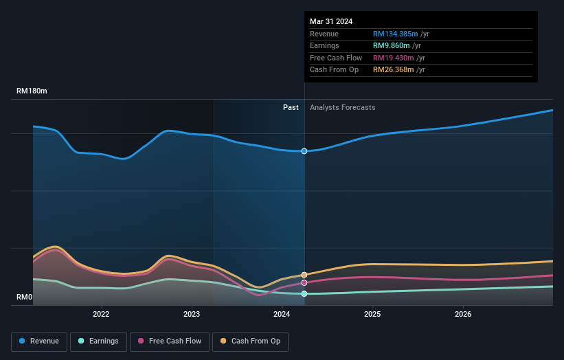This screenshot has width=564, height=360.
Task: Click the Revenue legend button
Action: click(x=39, y=341)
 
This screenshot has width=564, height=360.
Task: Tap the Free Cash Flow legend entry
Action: click(x=169, y=341)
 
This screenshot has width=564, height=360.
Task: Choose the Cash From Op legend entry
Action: click(x=251, y=341)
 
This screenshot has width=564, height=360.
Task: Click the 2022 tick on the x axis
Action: click(x=101, y=315)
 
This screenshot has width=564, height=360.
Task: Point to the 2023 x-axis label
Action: click(x=192, y=315)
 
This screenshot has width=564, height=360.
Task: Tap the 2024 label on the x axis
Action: click(x=282, y=315)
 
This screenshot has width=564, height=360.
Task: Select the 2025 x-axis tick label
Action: click(x=372, y=315)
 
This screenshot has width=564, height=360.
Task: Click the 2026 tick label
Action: click(x=463, y=315)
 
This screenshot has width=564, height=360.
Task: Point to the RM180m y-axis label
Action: click(x=32, y=91)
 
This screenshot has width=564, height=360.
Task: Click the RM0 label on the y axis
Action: click(x=25, y=297)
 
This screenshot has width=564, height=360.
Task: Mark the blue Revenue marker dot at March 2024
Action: click(x=304, y=151)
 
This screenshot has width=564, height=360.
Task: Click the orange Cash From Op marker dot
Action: click(x=304, y=275)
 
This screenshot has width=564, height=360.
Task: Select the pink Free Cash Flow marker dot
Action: click(x=304, y=282)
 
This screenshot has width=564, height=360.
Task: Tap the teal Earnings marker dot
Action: click(x=304, y=293)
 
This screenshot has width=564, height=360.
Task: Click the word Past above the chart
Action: click(x=291, y=107)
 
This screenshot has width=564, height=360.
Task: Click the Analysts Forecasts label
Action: click(x=342, y=107)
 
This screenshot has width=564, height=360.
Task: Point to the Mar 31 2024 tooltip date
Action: click(x=331, y=21)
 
